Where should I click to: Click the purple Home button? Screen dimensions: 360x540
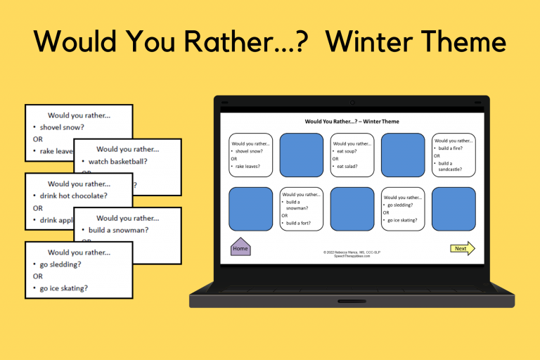pyautogui.click(x=240, y=247)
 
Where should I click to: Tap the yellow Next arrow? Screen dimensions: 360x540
pyautogui.click(x=463, y=248)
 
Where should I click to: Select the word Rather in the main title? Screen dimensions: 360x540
pyautogui.click(x=232, y=41)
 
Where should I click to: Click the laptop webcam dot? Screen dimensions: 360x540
pyautogui.click(x=352, y=103)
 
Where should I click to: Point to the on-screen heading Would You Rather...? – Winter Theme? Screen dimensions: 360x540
pyautogui.click(x=352, y=122)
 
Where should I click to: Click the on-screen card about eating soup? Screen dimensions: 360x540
pyautogui.click(x=352, y=155)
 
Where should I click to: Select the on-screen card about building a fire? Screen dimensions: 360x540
pyautogui.click(x=454, y=155)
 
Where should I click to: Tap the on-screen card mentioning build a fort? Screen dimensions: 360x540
pyautogui.click(x=301, y=209)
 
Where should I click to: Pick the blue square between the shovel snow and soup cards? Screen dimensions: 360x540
pyautogui.click(x=301, y=155)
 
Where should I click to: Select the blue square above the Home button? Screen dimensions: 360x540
pyautogui.click(x=250, y=209)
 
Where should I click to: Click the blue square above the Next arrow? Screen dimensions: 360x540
pyautogui.click(x=454, y=209)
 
